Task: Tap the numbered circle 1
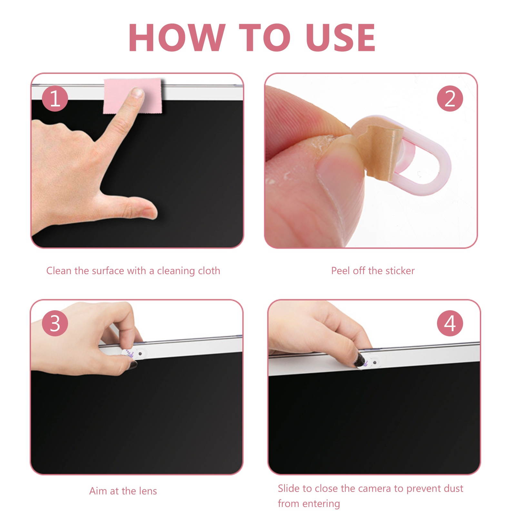[55, 99]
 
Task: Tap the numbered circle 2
[450, 99]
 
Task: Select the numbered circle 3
[55, 323]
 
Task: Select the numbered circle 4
[450, 323]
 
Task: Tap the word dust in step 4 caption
[453, 489]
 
